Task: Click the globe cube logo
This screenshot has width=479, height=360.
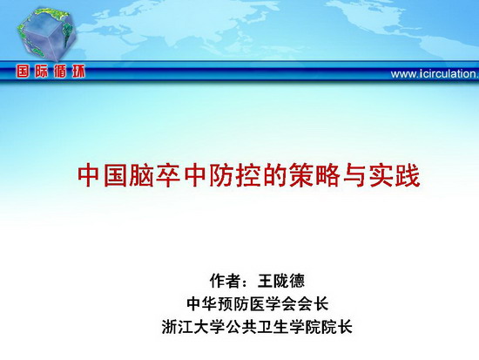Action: pos(46,34)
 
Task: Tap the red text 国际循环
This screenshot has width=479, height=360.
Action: pos(51,71)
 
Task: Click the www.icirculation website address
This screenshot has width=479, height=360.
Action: pos(435,74)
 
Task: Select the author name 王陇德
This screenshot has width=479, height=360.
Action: pos(281,281)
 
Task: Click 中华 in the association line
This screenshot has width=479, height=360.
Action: pos(202,303)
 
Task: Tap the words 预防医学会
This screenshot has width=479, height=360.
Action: pos(257,303)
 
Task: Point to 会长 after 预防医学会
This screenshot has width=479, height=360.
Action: pos(313,303)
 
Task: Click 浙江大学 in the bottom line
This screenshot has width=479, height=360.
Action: pos(193,327)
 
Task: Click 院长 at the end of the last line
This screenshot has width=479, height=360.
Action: pos(337,327)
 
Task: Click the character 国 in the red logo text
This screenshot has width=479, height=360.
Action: pos(24,71)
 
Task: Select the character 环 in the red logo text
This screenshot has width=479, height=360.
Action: pos(78,71)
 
